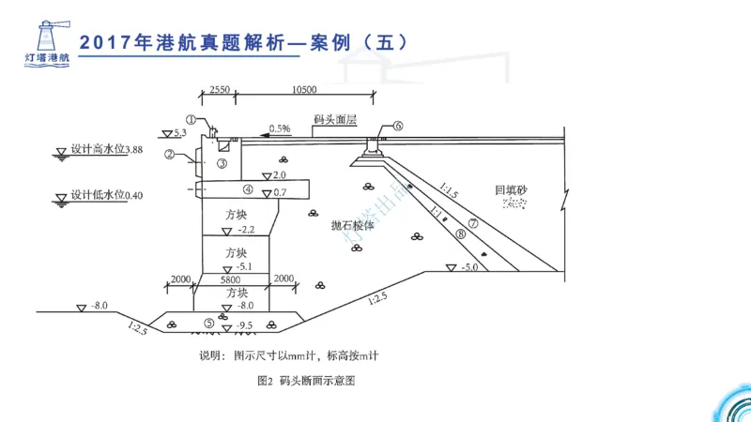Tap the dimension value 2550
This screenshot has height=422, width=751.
click(x=220, y=90)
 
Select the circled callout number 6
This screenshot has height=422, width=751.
click(x=398, y=125)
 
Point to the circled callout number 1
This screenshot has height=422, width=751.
click(x=192, y=120)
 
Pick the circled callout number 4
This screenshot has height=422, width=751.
click(x=248, y=188)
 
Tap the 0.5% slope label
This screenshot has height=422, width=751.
click(x=280, y=128)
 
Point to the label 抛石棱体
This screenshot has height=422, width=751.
click(x=352, y=226)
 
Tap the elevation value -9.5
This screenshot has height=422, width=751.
click(x=246, y=326)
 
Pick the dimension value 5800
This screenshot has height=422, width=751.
click(x=231, y=279)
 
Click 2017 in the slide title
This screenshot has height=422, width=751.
click(x=105, y=43)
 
